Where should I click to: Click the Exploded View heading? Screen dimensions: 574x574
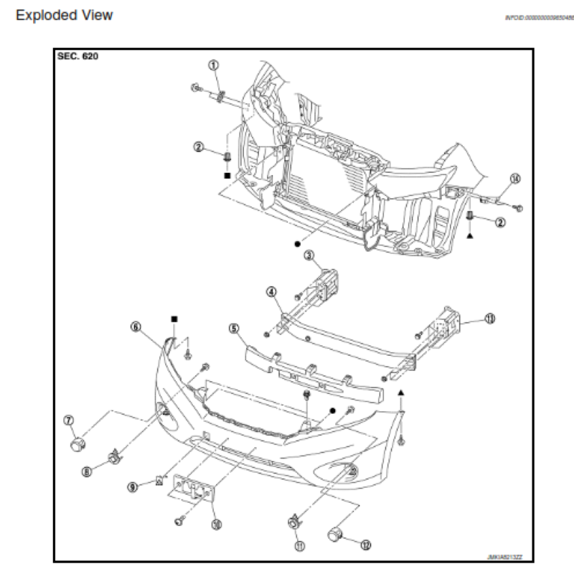point(65,15)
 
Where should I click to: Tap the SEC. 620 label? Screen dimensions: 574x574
point(77,58)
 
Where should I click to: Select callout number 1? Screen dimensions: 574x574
point(213,65)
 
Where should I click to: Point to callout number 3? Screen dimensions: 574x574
point(309,255)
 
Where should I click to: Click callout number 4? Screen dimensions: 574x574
point(272,291)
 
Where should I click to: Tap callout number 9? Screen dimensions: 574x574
point(132,486)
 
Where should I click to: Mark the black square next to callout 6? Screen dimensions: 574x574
point(174,318)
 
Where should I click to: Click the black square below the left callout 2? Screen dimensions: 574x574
point(227,175)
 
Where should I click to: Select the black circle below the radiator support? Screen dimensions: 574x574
point(296,244)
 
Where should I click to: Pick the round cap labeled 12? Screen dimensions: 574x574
point(337,534)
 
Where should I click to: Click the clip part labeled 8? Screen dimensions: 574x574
point(113,456)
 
